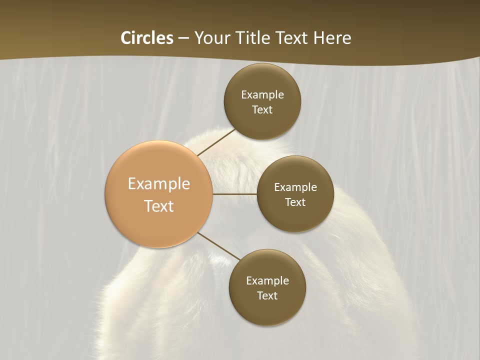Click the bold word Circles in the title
pyautogui.click(x=147, y=38)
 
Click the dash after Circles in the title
pyautogui.click(x=183, y=38)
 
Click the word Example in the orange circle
pyautogui.click(x=159, y=183)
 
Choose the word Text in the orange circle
pyautogui.click(x=159, y=205)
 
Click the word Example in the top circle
pyautogui.click(x=262, y=94)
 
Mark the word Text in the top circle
pyautogui.click(x=262, y=109)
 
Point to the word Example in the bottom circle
pyautogui.click(x=267, y=280)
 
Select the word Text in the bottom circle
pyautogui.click(x=267, y=295)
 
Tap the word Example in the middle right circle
pyautogui.click(x=295, y=187)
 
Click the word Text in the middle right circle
pyautogui.click(x=295, y=202)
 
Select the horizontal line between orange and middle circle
pyautogui.click(x=235, y=194)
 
